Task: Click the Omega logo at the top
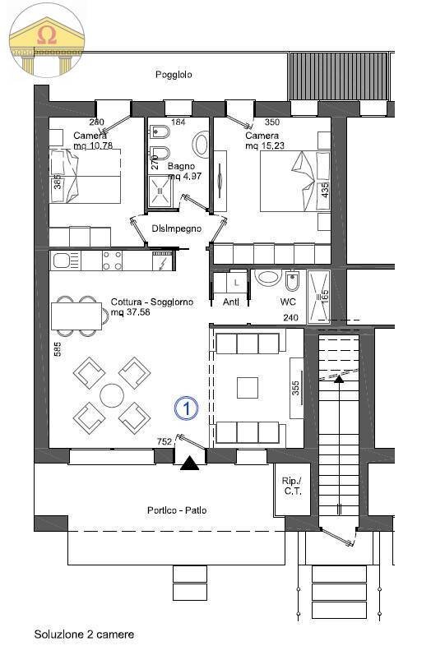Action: (47, 39)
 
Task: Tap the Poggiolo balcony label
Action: (174, 74)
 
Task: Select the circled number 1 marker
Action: (187, 408)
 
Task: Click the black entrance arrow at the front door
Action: (189, 464)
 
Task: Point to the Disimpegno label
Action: (177, 228)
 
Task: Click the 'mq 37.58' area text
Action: (131, 312)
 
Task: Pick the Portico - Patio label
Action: (176, 510)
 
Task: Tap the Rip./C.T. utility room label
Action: (293, 487)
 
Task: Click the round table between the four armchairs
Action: (112, 395)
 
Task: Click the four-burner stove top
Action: (113, 261)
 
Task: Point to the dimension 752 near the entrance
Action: (165, 441)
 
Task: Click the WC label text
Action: (288, 302)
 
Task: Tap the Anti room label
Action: (231, 302)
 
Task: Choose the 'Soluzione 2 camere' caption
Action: (84, 634)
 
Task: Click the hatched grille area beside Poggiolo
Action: (339, 76)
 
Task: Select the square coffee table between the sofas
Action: (248, 388)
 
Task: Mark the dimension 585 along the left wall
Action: (58, 348)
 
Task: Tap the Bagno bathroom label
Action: (181, 166)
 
